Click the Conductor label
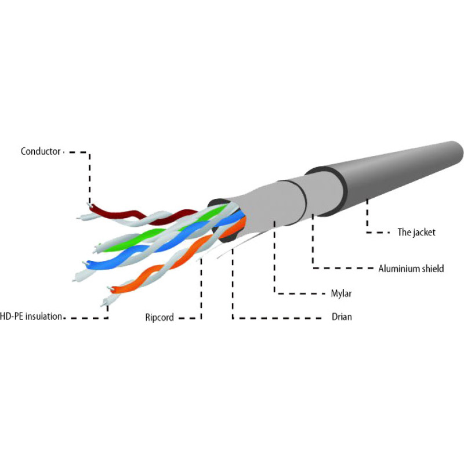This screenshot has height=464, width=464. click(41, 151)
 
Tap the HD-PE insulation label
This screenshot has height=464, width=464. click(31, 316)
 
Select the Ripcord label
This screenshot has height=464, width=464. click(159, 317)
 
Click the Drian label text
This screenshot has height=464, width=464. click(342, 317)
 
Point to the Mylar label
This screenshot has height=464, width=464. click(341, 293)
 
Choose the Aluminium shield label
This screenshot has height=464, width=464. click(411, 269)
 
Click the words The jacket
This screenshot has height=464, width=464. click(416, 233)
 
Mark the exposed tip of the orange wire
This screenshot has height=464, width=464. click(110, 288)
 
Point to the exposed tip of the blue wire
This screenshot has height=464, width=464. click(85, 263)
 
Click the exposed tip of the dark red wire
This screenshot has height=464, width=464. click(89, 204)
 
